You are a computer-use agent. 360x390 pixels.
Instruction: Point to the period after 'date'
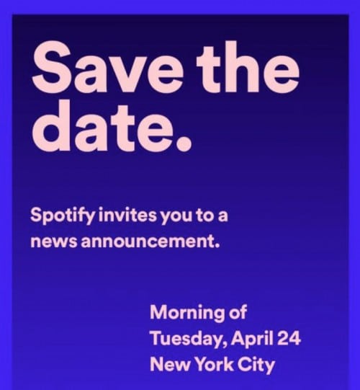(183, 143)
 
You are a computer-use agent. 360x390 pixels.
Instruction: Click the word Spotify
(63, 216)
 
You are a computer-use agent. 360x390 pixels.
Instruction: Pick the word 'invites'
(128, 215)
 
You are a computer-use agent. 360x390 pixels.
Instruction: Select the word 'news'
(54, 241)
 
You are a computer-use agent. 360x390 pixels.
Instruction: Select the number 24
(289, 338)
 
